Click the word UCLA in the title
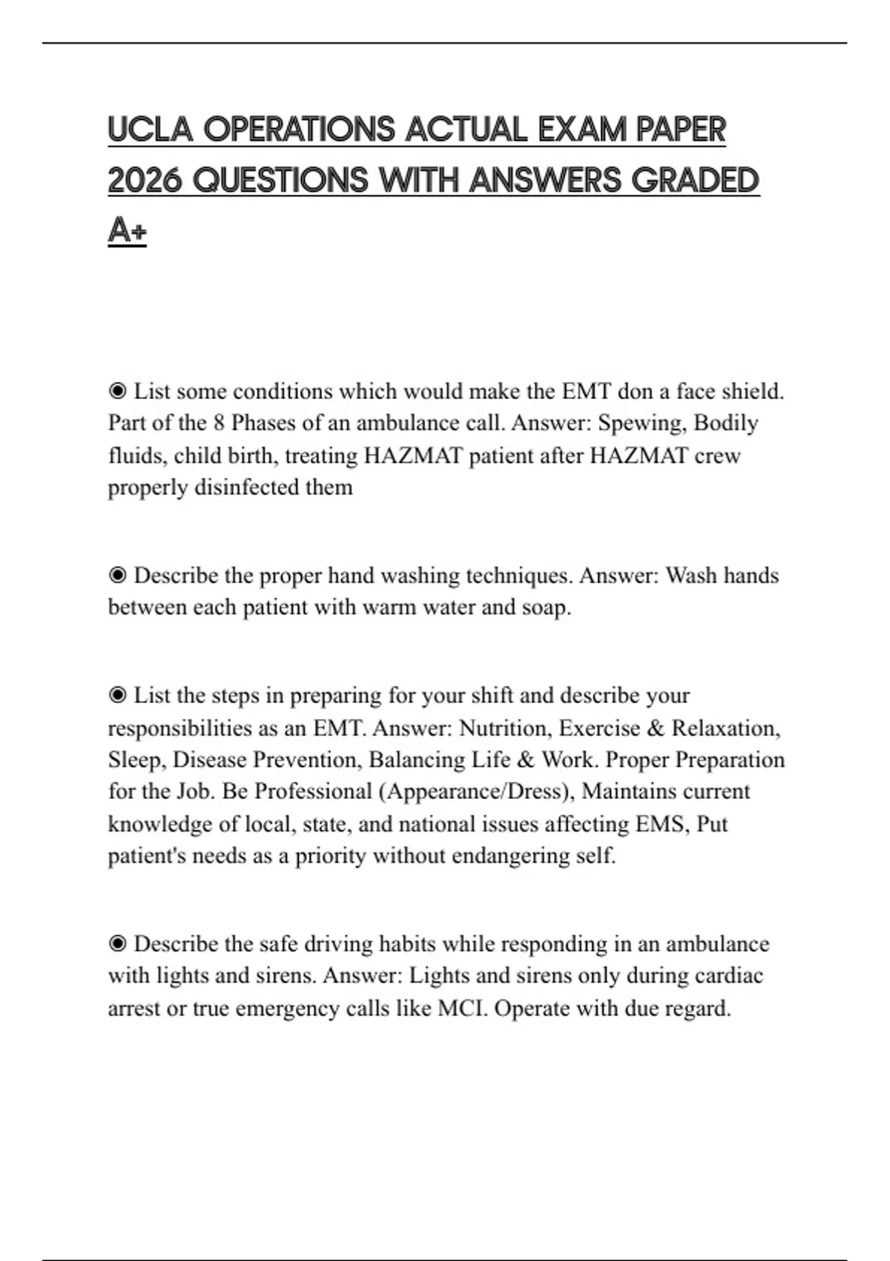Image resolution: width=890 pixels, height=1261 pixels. point(151,130)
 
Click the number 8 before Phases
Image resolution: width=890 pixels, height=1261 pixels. point(219,423)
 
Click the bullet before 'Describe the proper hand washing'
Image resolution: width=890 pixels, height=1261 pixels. point(117,576)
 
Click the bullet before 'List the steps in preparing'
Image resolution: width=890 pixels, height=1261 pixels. point(117,696)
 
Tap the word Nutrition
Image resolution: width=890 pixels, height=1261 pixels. point(504,728)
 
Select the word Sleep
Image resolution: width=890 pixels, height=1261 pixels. point(135,760)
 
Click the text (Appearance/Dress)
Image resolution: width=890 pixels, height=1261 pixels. point(476,792)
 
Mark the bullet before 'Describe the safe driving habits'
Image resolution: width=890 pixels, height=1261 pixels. point(117,944)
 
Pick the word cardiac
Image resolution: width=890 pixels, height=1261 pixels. point(728,976)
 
